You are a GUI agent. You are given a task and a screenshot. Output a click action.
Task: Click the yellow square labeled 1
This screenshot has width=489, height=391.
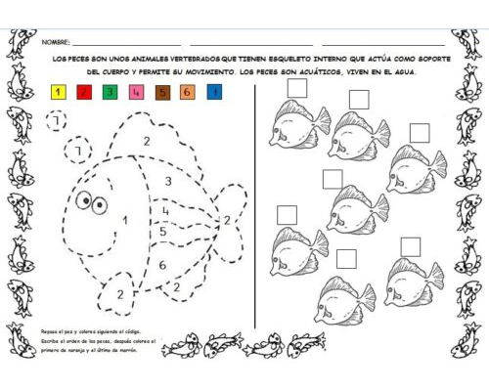coord(59,93)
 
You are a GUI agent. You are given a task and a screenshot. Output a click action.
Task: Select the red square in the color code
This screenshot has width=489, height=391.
coord(84,93)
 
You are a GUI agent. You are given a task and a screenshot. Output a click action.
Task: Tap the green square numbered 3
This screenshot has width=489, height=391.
coord(110,93)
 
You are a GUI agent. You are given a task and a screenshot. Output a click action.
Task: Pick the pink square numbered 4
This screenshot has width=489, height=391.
coord(135,93)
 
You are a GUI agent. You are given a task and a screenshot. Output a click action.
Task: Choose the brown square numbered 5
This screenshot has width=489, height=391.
coord(161,93)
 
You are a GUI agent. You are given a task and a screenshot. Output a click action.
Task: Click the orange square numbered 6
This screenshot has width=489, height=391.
coord(187,93)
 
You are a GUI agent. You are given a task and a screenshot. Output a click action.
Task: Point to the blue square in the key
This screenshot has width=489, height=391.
coord(213,93)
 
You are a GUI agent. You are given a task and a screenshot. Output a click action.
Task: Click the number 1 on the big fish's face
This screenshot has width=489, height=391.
coord(124,220)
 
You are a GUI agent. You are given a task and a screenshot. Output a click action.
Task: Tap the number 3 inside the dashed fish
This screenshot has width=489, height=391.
coord(168,182)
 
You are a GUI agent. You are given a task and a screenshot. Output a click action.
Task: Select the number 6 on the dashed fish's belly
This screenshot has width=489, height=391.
coord(162,264)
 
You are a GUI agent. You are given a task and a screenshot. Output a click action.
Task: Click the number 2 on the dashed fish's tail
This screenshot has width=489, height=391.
coord(227,220)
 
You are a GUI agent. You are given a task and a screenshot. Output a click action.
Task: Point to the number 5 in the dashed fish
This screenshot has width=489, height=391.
coord(162,232)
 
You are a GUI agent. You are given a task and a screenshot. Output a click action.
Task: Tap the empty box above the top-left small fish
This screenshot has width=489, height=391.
coord(296,88)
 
